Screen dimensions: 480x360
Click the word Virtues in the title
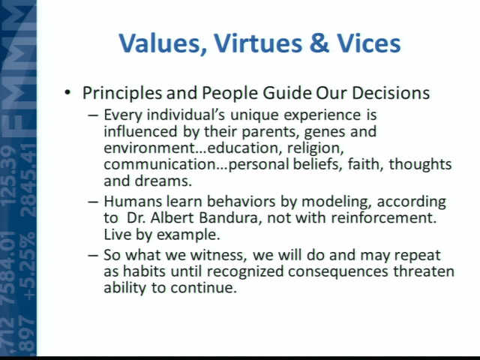[258, 43]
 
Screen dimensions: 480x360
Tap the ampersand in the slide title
[319, 43]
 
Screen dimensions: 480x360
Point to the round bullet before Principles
[67, 92]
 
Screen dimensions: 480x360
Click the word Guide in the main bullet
[286, 93]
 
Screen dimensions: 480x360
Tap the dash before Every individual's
[93, 115]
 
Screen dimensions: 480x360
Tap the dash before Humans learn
[93, 202]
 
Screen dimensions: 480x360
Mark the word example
[188, 235]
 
